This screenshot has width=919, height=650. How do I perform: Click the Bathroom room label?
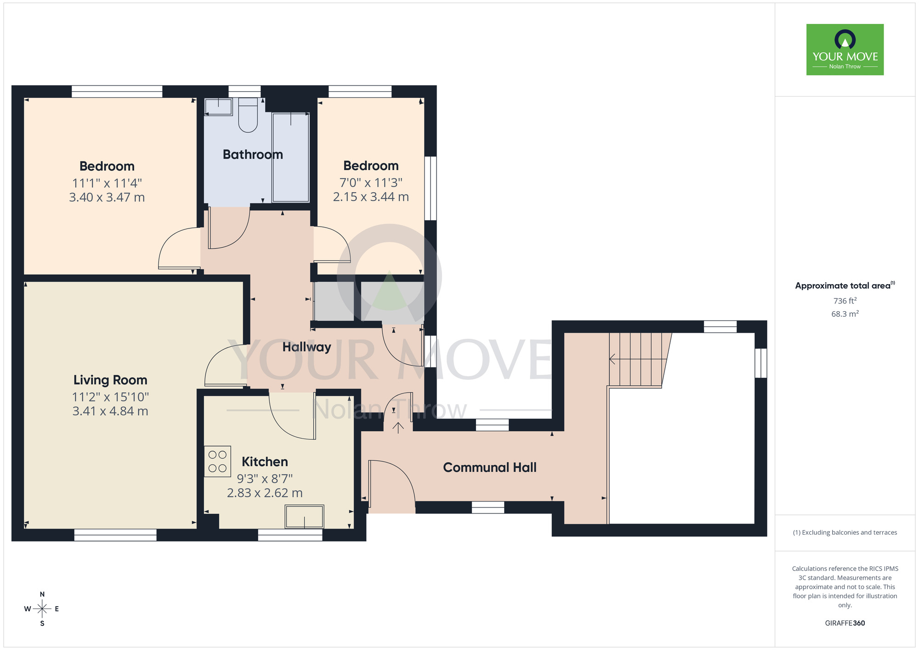[253, 154]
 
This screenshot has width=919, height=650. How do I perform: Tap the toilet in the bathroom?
[248, 115]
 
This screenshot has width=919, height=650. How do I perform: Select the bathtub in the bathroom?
[290, 157]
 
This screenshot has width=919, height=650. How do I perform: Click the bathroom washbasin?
[219, 107]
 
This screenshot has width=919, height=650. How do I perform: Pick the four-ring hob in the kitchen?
[217, 461]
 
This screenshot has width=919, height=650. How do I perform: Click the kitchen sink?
[304, 516]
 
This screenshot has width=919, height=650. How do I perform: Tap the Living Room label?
[110, 380]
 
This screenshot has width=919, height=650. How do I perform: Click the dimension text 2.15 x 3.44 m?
[371, 197]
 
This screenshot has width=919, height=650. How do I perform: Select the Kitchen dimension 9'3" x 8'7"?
[265, 479]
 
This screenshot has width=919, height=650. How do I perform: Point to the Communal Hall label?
[489, 468]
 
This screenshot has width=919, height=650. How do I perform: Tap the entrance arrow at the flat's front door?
[398, 428]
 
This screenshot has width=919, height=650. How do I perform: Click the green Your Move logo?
[845, 50]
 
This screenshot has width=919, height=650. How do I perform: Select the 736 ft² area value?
[845, 301]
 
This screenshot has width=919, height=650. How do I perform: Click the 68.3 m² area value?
[845, 314]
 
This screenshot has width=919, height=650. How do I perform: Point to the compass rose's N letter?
[42, 594]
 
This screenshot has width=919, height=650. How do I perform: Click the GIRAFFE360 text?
[845, 623]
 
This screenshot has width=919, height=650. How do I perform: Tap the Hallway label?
[306, 347]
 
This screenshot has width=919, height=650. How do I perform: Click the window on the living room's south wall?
[115, 535]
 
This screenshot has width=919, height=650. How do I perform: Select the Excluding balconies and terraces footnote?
[845, 532]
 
